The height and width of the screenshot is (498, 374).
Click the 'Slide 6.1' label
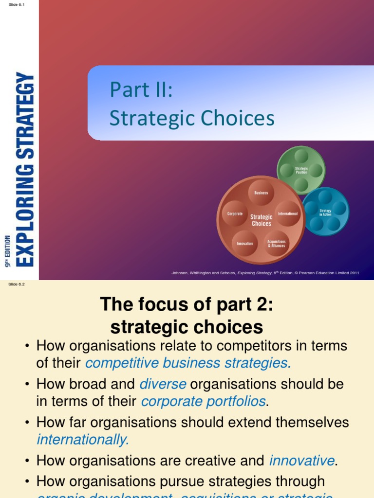click(x=16, y=4)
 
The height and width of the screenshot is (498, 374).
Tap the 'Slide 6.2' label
click(x=16, y=285)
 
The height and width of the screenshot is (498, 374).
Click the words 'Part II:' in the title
click(x=141, y=90)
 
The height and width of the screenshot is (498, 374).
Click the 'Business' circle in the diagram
click(x=261, y=193)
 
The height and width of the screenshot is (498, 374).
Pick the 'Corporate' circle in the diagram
click(x=235, y=213)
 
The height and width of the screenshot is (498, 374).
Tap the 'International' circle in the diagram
click(x=287, y=213)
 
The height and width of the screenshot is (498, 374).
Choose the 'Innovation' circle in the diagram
click(x=244, y=243)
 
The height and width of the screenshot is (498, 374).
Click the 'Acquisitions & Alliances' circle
click(x=276, y=244)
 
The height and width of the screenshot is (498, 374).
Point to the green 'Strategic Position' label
click(x=301, y=170)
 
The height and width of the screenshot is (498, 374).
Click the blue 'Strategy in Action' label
click(x=325, y=213)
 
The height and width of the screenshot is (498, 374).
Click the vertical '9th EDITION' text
click(x=7, y=250)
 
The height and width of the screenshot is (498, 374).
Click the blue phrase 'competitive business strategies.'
click(x=188, y=363)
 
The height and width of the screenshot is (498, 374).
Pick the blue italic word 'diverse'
click(x=163, y=384)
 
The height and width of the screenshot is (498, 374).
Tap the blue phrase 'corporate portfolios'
click(x=203, y=401)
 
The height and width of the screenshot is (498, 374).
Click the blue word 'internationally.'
click(x=83, y=440)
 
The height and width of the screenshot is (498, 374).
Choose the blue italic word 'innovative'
click(x=302, y=460)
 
